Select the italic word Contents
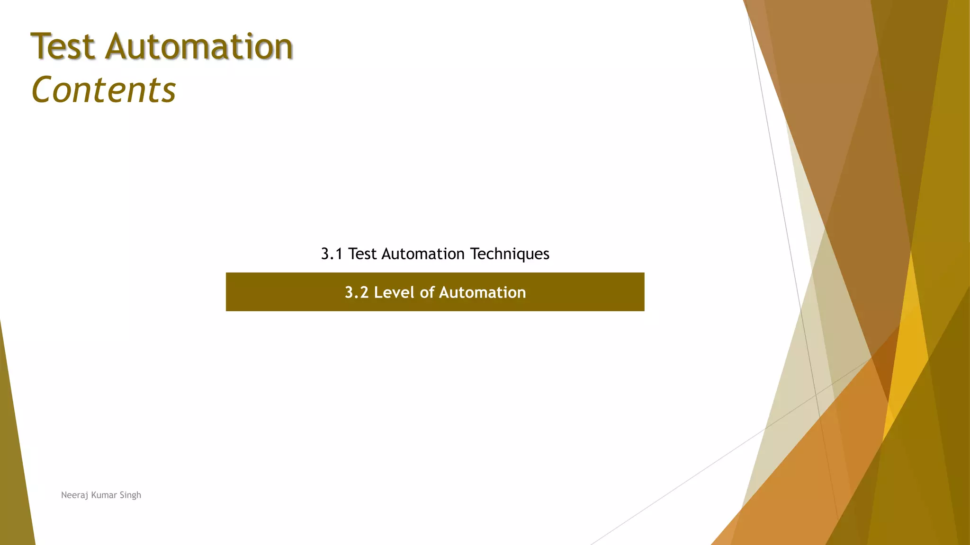pyautogui.click(x=103, y=90)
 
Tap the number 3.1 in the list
pyautogui.click(x=332, y=254)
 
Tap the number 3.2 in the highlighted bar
pyautogui.click(x=356, y=292)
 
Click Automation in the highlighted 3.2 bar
pyautogui.click(x=482, y=292)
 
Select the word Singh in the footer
pyautogui.click(x=130, y=495)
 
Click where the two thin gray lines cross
pyautogui.click(x=816, y=395)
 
